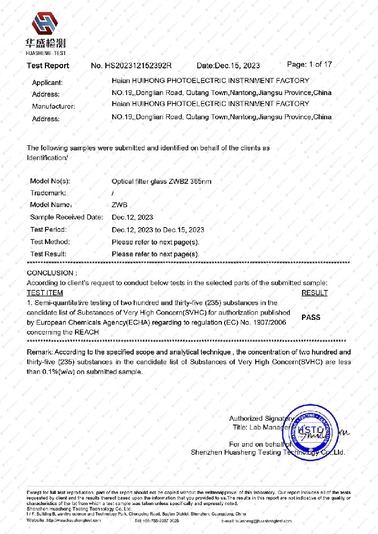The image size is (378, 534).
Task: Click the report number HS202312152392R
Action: click(x=131, y=66)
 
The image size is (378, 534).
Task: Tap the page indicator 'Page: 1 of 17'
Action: click(x=310, y=65)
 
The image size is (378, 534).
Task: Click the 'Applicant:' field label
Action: click(x=47, y=83)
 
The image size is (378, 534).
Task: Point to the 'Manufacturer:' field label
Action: click(x=53, y=106)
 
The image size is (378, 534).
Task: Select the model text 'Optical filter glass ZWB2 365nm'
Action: click(x=161, y=182)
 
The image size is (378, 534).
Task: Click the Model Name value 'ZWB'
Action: click(x=120, y=205)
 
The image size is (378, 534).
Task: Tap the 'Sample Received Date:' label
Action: click(x=66, y=217)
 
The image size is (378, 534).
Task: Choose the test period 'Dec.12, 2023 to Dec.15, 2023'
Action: click(x=158, y=230)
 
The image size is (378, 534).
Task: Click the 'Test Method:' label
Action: click(x=50, y=242)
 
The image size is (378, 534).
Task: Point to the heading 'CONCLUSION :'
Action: click(x=52, y=273)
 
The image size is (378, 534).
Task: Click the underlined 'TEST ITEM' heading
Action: click(x=45, y=293)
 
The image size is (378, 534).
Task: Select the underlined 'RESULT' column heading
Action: click(x=314, y=293)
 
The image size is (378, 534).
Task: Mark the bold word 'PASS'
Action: click(x=311, y=317)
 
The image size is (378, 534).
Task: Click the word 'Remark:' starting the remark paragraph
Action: click(x=40, y=352)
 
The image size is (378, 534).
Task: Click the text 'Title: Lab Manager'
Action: click(x=260, y=427)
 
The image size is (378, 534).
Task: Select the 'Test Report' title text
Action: click(x=48, y=66)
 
